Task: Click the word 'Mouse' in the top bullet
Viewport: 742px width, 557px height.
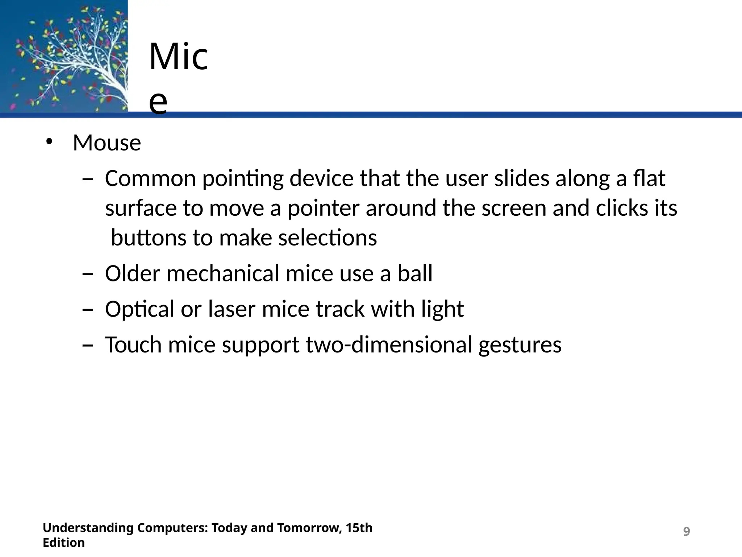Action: (x=107, y=143)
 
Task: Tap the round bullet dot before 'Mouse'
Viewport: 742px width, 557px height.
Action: (x=49, y=142)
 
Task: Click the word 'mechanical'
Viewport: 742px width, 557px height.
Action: (x=223, y=273)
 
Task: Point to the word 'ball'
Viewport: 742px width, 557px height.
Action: (x=415, y=273)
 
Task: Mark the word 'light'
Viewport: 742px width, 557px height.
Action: (x=442, y=309)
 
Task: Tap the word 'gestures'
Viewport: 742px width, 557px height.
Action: (x=520, y=345)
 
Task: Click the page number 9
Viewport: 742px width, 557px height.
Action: (x=686, y=532)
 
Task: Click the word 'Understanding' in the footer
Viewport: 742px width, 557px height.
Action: (x=88, y=528)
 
